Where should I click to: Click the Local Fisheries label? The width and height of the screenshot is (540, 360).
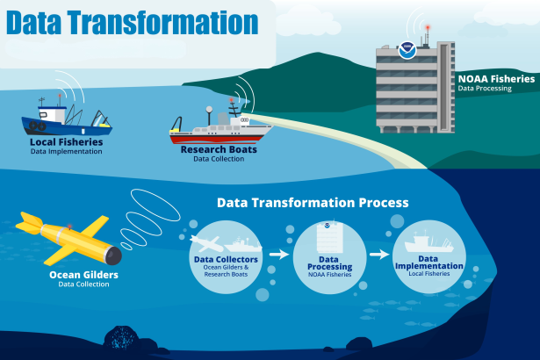click(x=66, y=141)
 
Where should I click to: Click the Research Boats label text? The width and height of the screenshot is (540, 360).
click(x=212, y=150)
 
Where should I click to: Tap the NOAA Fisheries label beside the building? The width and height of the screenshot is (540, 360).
click(x=495, y=79)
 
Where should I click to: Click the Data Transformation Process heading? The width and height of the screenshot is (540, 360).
click(x=313, y=202)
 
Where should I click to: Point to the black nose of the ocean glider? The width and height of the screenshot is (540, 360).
click(x=115, y=256)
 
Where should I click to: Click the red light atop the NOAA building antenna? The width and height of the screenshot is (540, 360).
click(x=428, y=27)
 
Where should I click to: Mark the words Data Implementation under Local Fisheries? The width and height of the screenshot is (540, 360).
click(x=66, y=151)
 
